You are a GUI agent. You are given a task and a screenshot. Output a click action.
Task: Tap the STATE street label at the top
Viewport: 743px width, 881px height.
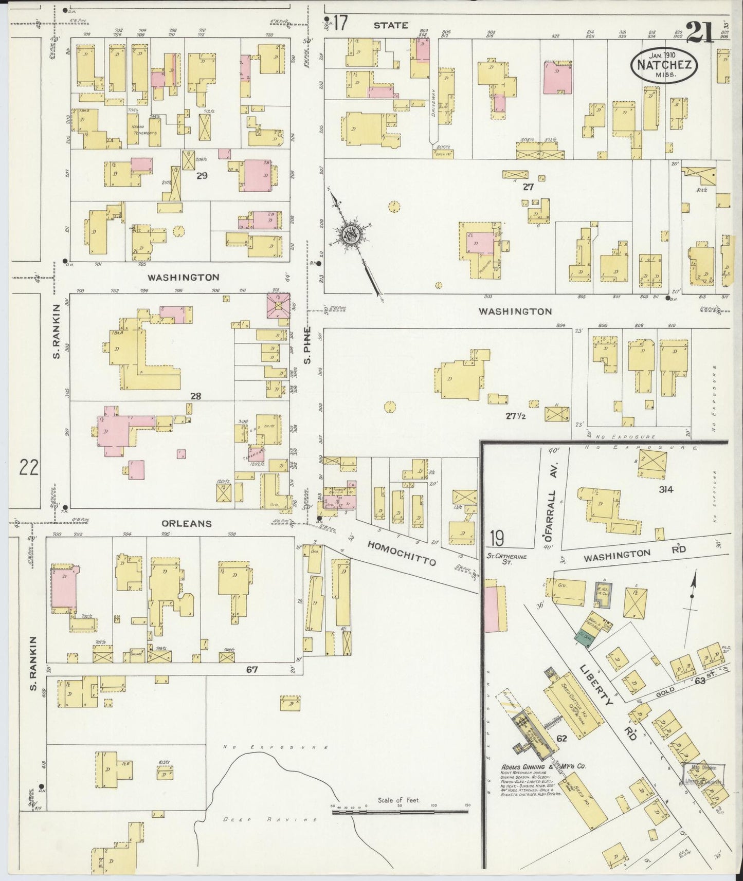click(x=390, y=25)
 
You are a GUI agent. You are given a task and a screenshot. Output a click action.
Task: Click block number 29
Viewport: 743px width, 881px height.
click(x=202, y=176)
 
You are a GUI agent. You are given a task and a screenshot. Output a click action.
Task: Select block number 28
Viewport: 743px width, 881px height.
click(x=195, y=396)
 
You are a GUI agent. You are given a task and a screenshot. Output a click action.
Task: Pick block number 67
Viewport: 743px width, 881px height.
click(x=251, y=670)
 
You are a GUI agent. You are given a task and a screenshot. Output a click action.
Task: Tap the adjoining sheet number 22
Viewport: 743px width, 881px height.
click(x=29, y=468)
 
